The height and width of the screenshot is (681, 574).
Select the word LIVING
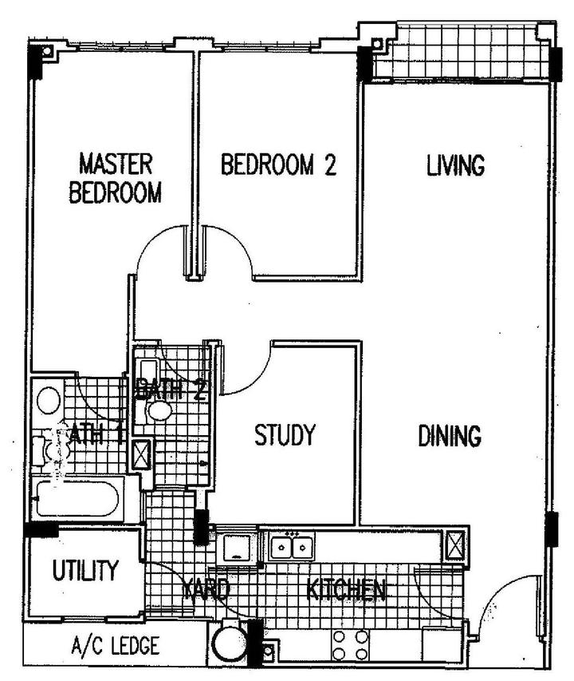[x=455, y=165]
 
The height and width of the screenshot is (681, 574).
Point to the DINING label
[x=450, y=436]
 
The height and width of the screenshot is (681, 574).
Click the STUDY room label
[x=285, y=436]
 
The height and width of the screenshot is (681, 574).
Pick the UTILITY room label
[x=85, y=572]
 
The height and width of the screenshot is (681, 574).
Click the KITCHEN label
[x=347, y=591]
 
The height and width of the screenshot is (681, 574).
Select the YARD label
[x=207, y=591]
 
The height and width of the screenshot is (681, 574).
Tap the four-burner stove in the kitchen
[x=350, y=644]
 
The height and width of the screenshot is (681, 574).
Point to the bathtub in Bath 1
[x=77, y=501]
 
